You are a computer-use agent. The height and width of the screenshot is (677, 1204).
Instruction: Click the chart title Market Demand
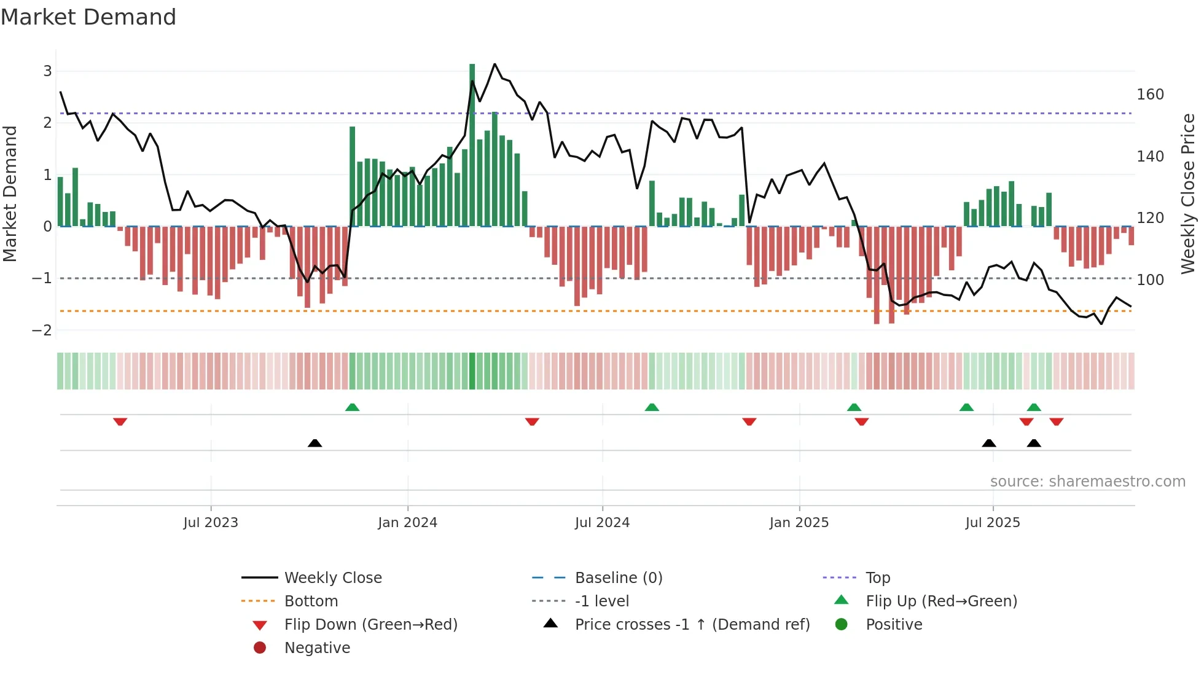click(88, 17)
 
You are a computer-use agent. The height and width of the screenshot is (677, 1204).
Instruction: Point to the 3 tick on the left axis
click(47, 71)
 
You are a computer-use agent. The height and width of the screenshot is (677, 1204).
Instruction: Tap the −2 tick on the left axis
click(42, 330)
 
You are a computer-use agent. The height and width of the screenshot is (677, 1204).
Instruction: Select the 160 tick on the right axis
click(1150, 95)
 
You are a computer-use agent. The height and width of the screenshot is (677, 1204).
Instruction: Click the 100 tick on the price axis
click(1150, 280)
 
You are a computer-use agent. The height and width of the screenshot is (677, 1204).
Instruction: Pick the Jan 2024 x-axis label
click(407, 523)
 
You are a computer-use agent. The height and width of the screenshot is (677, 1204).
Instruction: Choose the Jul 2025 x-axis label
click(992, 523)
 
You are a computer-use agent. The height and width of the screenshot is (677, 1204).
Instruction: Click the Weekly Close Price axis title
click(1188, 194)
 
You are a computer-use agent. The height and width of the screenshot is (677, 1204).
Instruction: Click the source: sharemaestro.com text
click(1087, 482)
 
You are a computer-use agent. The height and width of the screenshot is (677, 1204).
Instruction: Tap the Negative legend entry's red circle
click(260, 648)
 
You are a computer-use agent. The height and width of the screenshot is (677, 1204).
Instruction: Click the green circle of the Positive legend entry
click(842, 625)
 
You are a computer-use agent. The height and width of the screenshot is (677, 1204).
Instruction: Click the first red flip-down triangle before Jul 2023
click(120, 421)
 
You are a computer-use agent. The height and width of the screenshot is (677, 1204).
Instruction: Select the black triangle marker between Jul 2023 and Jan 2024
click(315, 443)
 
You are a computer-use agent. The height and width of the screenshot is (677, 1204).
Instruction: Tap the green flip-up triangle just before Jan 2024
click(352, 407)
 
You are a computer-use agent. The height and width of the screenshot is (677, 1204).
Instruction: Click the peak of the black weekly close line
click(495, 64)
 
